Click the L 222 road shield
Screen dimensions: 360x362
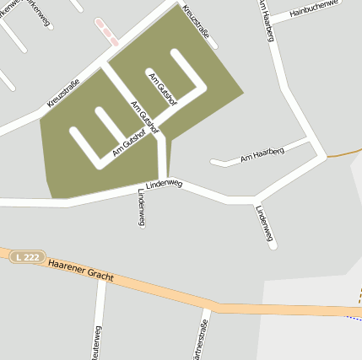tap(27, 255)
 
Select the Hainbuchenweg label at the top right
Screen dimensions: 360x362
tap(313, 11)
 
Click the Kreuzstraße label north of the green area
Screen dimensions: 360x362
tap(194, 27)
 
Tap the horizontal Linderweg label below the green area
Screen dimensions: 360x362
tap(164, 183)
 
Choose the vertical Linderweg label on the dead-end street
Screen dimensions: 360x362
tap(140, 207)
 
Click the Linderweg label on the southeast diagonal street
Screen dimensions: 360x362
tap(265, 224)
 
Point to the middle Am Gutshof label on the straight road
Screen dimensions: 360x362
tap(144, 118)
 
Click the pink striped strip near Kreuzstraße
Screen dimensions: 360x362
tap(106, 32)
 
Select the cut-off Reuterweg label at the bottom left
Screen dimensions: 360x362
tap(97, 342)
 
